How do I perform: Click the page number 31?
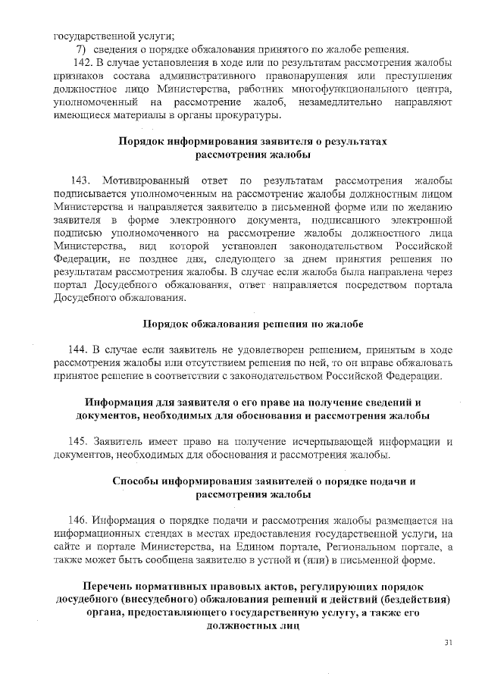point(448,643)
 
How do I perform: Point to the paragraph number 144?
point(78,349)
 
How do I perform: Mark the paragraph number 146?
point(79,520)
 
